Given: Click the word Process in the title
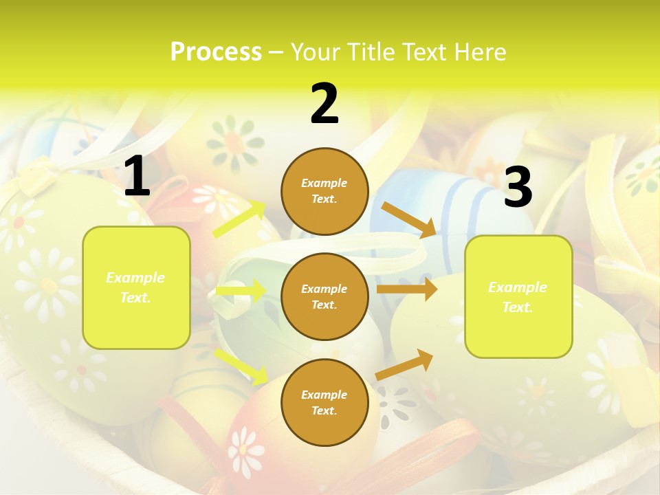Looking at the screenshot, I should (216, 52).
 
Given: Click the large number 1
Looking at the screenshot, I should (137, 177).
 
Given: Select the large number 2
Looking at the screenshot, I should (324, 104).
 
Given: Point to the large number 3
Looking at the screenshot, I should (518, 187).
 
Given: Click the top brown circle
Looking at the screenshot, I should (324, 191).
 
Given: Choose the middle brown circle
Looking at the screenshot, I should (324, 296).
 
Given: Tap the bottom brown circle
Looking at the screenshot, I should (324, 402).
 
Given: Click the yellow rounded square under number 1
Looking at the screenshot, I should (136, 287).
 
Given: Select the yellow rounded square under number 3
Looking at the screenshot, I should (518, 296).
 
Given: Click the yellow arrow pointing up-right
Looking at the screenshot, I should (240, 219).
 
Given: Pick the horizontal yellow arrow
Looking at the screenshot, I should (241, 291).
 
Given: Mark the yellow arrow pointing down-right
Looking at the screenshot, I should (241, 365).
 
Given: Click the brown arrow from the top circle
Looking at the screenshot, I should (408, 219).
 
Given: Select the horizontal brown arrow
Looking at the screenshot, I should (406, 289).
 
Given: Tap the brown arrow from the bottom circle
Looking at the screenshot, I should (405, 363).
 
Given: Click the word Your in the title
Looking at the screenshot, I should (315, 52).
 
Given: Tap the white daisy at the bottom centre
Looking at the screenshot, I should (245, 450).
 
